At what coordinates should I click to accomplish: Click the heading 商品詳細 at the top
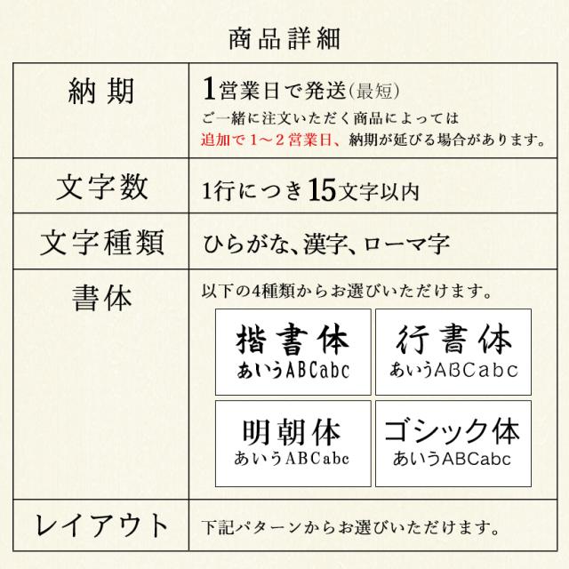coord(284,39)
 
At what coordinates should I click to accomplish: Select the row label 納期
coord(101,91)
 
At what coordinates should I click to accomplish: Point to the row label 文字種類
coord(101,241)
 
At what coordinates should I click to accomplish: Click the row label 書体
coord(101,298)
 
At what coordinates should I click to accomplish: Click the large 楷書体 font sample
coord(293,340)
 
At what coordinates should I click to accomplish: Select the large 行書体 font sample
coord(453,340)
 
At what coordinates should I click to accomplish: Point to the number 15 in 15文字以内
coord(325,188)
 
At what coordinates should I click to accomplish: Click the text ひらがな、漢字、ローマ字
coord(325,242)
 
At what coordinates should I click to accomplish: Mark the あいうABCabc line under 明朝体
coord(292,459)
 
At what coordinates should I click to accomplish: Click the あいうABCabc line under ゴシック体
coord(452,460)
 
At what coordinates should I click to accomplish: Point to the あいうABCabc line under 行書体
coord(453,368)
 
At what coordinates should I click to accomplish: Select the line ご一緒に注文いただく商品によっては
coord(329,117)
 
